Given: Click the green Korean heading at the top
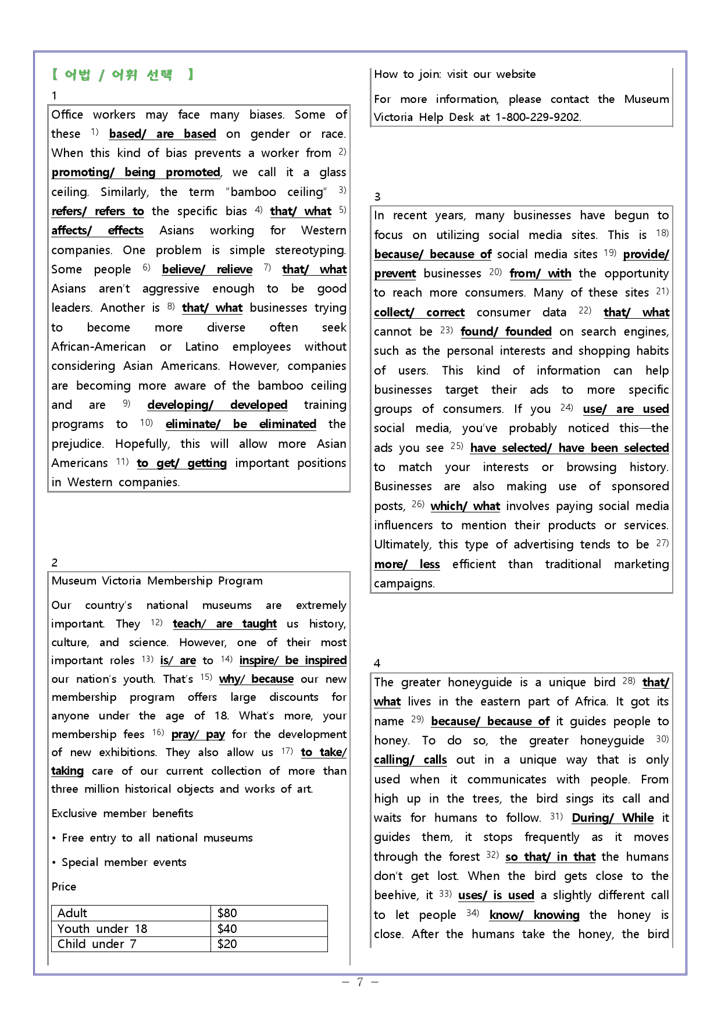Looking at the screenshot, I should (122, 74).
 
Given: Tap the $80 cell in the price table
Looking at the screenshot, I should (227, 913).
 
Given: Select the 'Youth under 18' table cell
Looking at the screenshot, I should (102, 929).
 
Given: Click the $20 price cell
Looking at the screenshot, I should (227, 944).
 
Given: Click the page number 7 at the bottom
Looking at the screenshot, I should (360, 982).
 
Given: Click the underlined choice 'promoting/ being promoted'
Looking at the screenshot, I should (136, 173).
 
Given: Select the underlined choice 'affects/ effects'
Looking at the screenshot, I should (97, 231).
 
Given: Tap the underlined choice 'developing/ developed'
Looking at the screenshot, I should (217, 405).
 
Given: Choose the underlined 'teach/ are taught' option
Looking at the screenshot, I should (224, 624).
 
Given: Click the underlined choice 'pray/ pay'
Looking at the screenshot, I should (198, 735).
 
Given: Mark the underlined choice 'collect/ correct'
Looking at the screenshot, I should (419, 313).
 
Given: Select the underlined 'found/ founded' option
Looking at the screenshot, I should (506, 332).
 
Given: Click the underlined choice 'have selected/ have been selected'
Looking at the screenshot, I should (569, 448).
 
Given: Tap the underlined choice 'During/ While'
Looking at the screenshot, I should (612, 818).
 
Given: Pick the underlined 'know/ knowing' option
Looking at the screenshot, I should (534, 915).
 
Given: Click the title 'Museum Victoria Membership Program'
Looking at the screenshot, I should (157, 581).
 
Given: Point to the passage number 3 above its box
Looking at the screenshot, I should (377, 197).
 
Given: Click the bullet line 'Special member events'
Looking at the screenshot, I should (124, 863).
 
